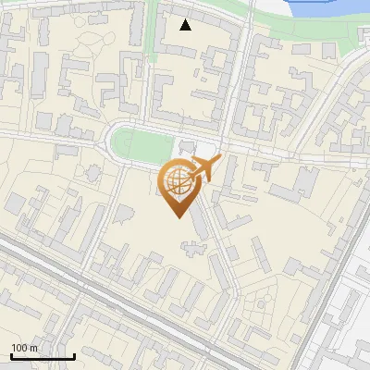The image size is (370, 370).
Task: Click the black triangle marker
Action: [x=186, y=25]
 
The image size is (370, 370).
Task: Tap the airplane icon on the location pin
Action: [x=204, y=168]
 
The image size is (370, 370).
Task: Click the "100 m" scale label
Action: [x=25, y=348]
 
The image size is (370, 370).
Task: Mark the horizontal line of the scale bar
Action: [x=43, y=356]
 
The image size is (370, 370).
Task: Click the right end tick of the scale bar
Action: [x=74, y=354]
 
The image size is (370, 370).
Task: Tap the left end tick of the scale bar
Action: [x=11, y=354]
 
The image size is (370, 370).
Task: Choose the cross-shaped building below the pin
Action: [x=194, y=249]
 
